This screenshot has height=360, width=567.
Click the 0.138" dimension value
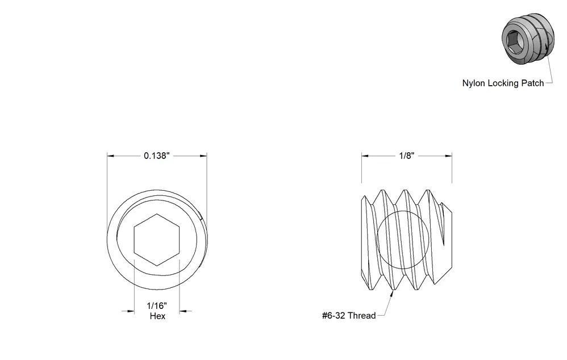157,156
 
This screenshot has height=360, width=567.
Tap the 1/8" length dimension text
406,156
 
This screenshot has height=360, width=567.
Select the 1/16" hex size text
157,306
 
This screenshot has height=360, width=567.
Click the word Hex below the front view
157,316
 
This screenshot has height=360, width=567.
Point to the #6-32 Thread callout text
349,316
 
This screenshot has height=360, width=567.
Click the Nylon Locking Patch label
503,83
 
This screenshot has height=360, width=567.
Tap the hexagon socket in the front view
157,240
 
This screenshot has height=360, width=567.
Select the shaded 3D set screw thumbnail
528,39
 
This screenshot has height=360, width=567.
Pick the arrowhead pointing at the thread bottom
391,294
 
